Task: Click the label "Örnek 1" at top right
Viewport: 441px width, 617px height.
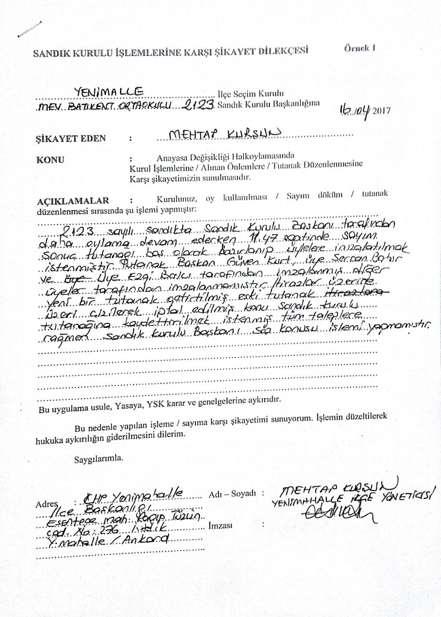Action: point(359,48)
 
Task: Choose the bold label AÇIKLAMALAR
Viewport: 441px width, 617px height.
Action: point(73,201)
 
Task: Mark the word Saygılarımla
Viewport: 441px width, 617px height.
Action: point(98,458)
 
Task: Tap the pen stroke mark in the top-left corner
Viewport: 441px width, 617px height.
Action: point(28,29)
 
